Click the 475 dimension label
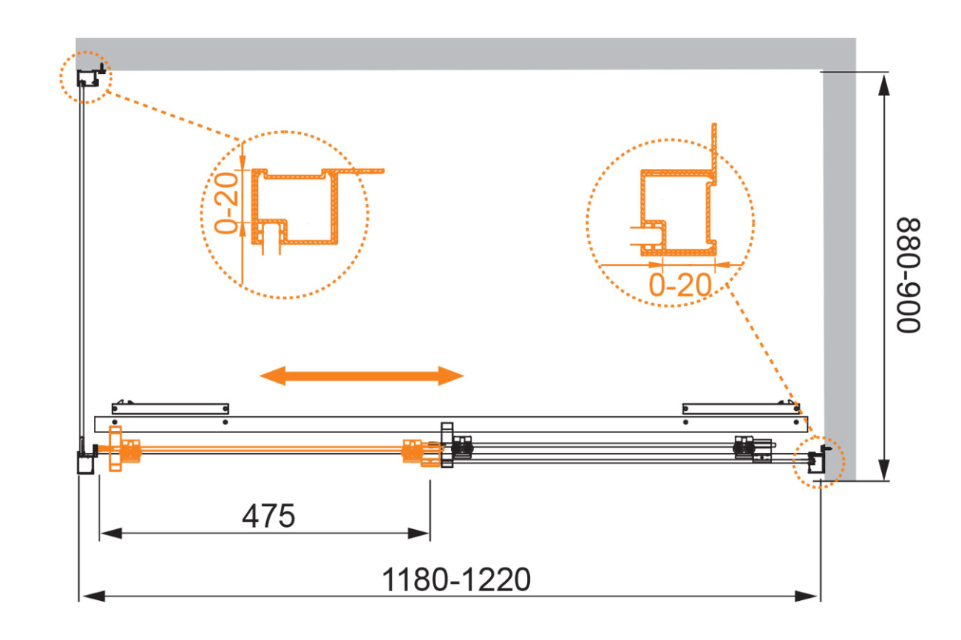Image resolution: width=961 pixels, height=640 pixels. (268, 516)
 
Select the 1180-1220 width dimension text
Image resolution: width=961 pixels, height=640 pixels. (457, 579)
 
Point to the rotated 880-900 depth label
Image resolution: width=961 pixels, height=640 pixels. (909, 276)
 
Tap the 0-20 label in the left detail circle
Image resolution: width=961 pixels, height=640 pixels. (226, 203)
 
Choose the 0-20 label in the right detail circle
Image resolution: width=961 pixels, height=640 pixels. (680, 285)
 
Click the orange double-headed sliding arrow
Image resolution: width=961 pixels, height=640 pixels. (361, 376)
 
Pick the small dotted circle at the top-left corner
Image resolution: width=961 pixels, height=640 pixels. (86, 77)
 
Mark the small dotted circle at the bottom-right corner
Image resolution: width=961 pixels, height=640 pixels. (818, 462)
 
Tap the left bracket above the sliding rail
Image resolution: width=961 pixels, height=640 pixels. (170, 409)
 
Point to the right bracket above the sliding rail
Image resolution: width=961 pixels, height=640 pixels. (741, 409)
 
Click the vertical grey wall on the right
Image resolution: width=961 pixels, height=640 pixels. (839, 274)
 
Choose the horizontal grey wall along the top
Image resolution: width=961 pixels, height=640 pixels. (466, 54)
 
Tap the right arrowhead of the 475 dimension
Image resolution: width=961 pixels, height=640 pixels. (418, 534)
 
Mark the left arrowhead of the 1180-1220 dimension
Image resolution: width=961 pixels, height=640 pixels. (94, 596)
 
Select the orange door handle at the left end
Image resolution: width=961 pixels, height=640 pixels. (124, 449)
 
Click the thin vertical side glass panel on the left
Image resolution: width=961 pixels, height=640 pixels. (81, 266)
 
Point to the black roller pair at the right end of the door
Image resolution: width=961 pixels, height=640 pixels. (742, 449)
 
